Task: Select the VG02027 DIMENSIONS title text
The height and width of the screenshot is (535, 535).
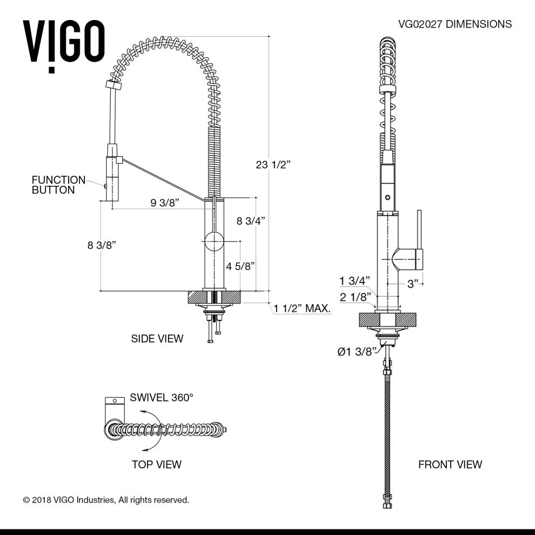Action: [454, 24]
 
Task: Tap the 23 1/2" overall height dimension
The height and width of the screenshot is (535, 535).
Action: [273, 165]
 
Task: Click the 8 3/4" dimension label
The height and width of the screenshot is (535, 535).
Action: [251, 220]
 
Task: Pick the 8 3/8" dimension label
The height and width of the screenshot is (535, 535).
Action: [102, 245]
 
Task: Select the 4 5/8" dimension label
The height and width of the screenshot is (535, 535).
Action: [240, 266]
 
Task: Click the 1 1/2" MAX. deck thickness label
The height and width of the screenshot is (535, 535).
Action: [302, 309]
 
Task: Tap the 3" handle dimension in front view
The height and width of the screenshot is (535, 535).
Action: [413, 284]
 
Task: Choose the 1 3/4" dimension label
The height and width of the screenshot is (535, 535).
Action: [355, 280]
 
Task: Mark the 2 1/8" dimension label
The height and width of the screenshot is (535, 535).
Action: [355, 297]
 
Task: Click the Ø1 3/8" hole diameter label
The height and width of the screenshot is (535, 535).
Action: [356, 352]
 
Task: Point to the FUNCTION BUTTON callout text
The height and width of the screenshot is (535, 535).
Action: [58, 185]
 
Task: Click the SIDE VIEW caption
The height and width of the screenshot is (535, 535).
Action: [157, 339]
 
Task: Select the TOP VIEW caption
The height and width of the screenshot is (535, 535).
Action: [157, 464]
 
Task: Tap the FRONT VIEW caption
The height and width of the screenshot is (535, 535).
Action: [450, 464]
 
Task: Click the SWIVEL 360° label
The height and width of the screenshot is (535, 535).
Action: [162, 397]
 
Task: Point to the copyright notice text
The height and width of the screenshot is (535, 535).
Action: [106, 500]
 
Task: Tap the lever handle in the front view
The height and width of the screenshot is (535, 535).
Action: [418, 238]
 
